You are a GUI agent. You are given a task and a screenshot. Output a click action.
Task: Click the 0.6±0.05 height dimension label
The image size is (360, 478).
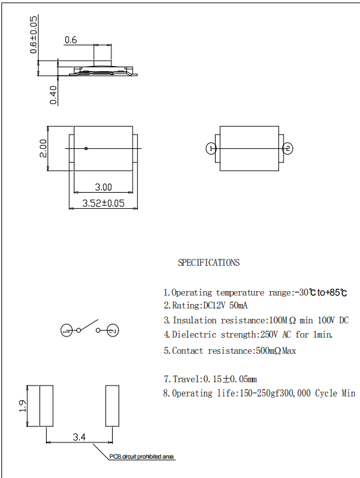34,35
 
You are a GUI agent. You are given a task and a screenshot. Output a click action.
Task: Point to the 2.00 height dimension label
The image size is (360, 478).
42,148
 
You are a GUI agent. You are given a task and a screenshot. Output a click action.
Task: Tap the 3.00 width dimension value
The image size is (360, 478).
103,188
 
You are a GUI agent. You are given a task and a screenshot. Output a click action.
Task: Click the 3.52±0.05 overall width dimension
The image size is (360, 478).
103,203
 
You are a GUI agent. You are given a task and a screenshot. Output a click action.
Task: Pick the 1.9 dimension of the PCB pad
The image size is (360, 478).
23,406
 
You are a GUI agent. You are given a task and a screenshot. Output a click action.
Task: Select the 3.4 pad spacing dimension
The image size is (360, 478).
79,438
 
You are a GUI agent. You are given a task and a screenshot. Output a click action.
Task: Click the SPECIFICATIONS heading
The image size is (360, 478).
208,263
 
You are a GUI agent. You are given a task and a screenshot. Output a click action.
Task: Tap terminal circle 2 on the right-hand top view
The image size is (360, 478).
288,149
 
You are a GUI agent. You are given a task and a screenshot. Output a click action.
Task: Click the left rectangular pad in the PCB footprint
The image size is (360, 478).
47,406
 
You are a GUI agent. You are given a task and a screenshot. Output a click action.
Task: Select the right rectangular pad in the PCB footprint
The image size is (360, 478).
112,406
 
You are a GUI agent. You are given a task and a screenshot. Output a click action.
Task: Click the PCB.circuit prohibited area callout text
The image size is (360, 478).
141,457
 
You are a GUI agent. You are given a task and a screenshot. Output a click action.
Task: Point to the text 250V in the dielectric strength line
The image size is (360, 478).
256,334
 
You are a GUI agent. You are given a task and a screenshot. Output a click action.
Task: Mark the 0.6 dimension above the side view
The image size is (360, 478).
71,40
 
